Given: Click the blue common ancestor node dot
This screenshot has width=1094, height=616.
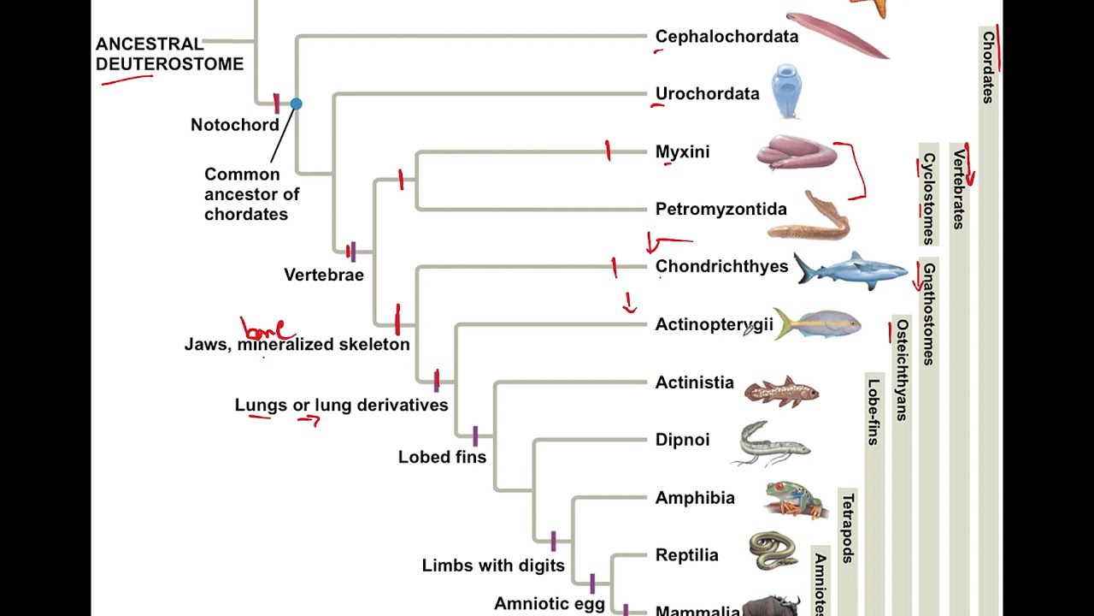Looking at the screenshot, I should click(296, 104).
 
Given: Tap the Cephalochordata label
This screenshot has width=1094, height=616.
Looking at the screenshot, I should click(726, 37).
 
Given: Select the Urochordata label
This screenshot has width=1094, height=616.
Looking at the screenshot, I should click(707, 94).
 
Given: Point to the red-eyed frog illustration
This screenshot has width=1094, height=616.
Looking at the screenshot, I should click(795, 499).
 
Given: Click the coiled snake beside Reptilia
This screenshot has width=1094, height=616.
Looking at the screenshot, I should click(773, 550).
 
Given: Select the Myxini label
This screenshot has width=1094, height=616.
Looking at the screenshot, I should click(682, 152).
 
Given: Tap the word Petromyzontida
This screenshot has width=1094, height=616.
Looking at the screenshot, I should click(721, 210).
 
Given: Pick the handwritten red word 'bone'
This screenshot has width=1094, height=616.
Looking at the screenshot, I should click(267, 329).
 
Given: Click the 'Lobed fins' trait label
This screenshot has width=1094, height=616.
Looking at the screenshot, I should click(442, 457).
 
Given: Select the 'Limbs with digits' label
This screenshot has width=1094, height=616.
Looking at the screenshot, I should click(493, 566).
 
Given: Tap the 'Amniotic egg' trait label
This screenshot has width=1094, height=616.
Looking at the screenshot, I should click(550, 604).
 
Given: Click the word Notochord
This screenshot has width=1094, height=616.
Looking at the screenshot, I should click(235, 125).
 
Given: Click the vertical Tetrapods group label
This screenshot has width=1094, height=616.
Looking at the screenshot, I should click(847, 528).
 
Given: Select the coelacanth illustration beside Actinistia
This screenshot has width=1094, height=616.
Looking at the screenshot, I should click(781, 391).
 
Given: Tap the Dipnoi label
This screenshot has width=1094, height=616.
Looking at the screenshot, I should click(682, 440).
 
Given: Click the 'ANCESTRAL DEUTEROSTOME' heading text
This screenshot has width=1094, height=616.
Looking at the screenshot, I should click(169, 54).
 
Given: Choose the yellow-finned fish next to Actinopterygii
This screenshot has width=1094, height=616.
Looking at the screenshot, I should click(818, 325).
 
